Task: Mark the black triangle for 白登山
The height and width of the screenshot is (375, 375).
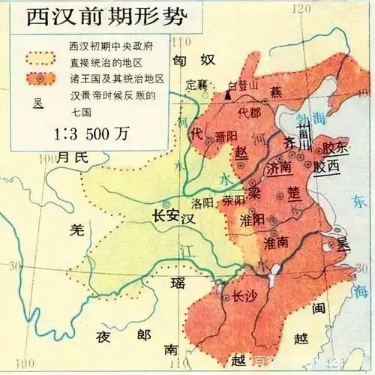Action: point(227,95)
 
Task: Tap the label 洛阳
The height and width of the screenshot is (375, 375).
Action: point(203,202)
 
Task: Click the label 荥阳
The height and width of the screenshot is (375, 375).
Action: point(233,201)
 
